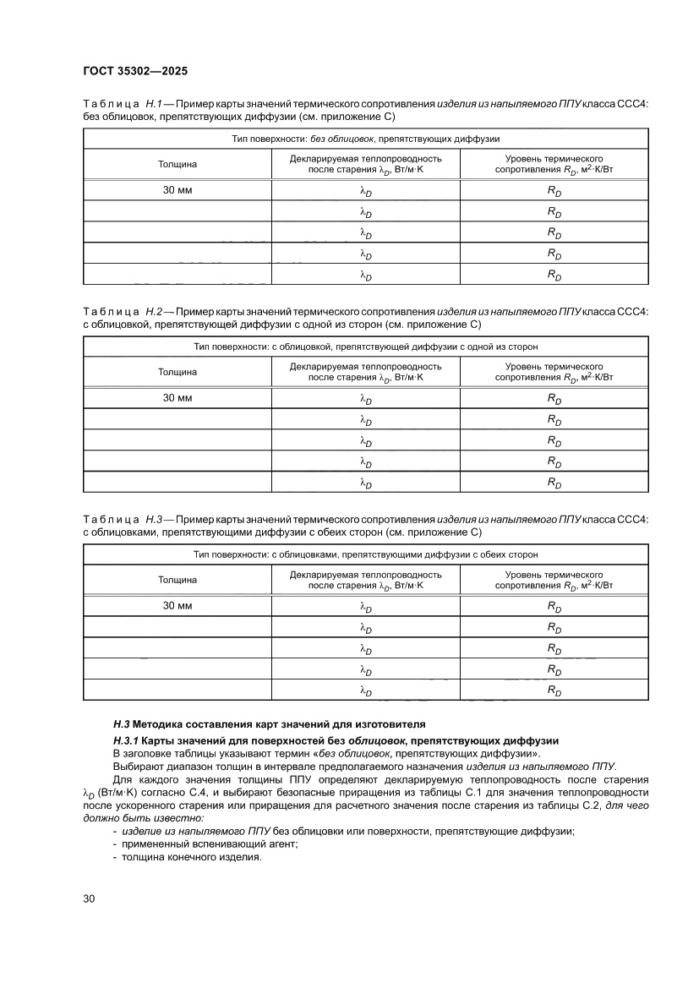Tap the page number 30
(89, 898)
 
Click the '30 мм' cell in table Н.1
(177, 190)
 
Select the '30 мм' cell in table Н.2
(177, 398)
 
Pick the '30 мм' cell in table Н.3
(177, 606)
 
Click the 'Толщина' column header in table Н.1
(177, 164)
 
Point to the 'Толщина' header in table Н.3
(177, 580)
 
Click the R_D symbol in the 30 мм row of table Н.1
(554, 191)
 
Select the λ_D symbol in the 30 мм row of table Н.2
(365, 399)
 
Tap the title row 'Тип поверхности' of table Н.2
(365, 347)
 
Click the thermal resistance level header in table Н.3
(554, 580)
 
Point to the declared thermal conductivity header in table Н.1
(365, 164)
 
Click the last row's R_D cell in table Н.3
(554, 691)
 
